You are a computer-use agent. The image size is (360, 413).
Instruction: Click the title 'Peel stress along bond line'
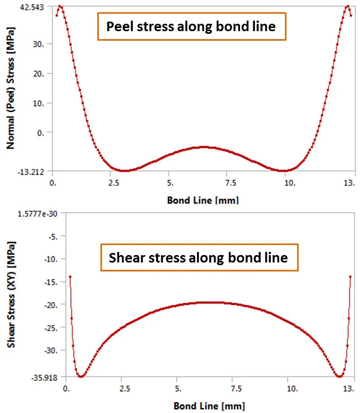(x=191, y=26)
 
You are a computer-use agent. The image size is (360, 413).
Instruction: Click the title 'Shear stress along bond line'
(x=198, y=258)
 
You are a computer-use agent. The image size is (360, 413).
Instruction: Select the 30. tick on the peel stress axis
(x=39, y=44)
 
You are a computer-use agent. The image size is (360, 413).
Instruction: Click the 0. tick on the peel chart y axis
(x=41, y=133)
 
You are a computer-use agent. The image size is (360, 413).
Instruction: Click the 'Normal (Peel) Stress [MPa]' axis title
(x=10, y=90)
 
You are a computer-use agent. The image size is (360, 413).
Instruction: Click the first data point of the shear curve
(x=70, y=277)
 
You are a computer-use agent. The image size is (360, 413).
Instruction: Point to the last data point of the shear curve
(x=350, y=277)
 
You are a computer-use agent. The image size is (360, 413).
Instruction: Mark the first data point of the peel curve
(x=57, y=15)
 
